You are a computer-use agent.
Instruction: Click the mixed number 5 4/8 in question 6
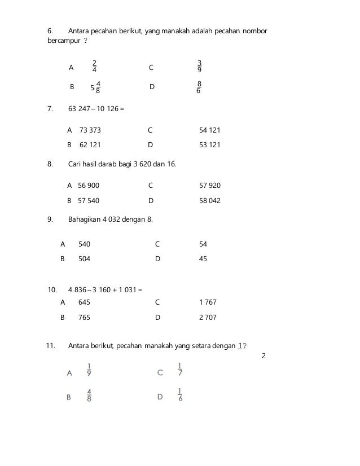click(x=95, y=87)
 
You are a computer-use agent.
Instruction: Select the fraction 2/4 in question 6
click(x=94, y=67)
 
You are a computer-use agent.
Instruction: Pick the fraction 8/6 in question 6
click(x=199, y=87)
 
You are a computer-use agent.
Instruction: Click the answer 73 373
click(x=90, y=130)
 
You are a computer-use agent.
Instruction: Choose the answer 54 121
click(x=210, y=130)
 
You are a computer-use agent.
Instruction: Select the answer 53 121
click(x=210, y=145)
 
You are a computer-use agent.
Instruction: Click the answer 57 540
click(x=89, y=200)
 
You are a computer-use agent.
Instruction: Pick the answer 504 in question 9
click(x=84, y=259)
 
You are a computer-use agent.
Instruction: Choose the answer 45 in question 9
click(x=203, y=259)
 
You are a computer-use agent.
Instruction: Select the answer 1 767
click(x=208, y=302)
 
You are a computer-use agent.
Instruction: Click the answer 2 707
click(x=208, y=318)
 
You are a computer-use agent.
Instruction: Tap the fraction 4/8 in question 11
click(x=90, y=395)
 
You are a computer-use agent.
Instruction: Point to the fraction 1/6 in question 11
click(x=179, y=395)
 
